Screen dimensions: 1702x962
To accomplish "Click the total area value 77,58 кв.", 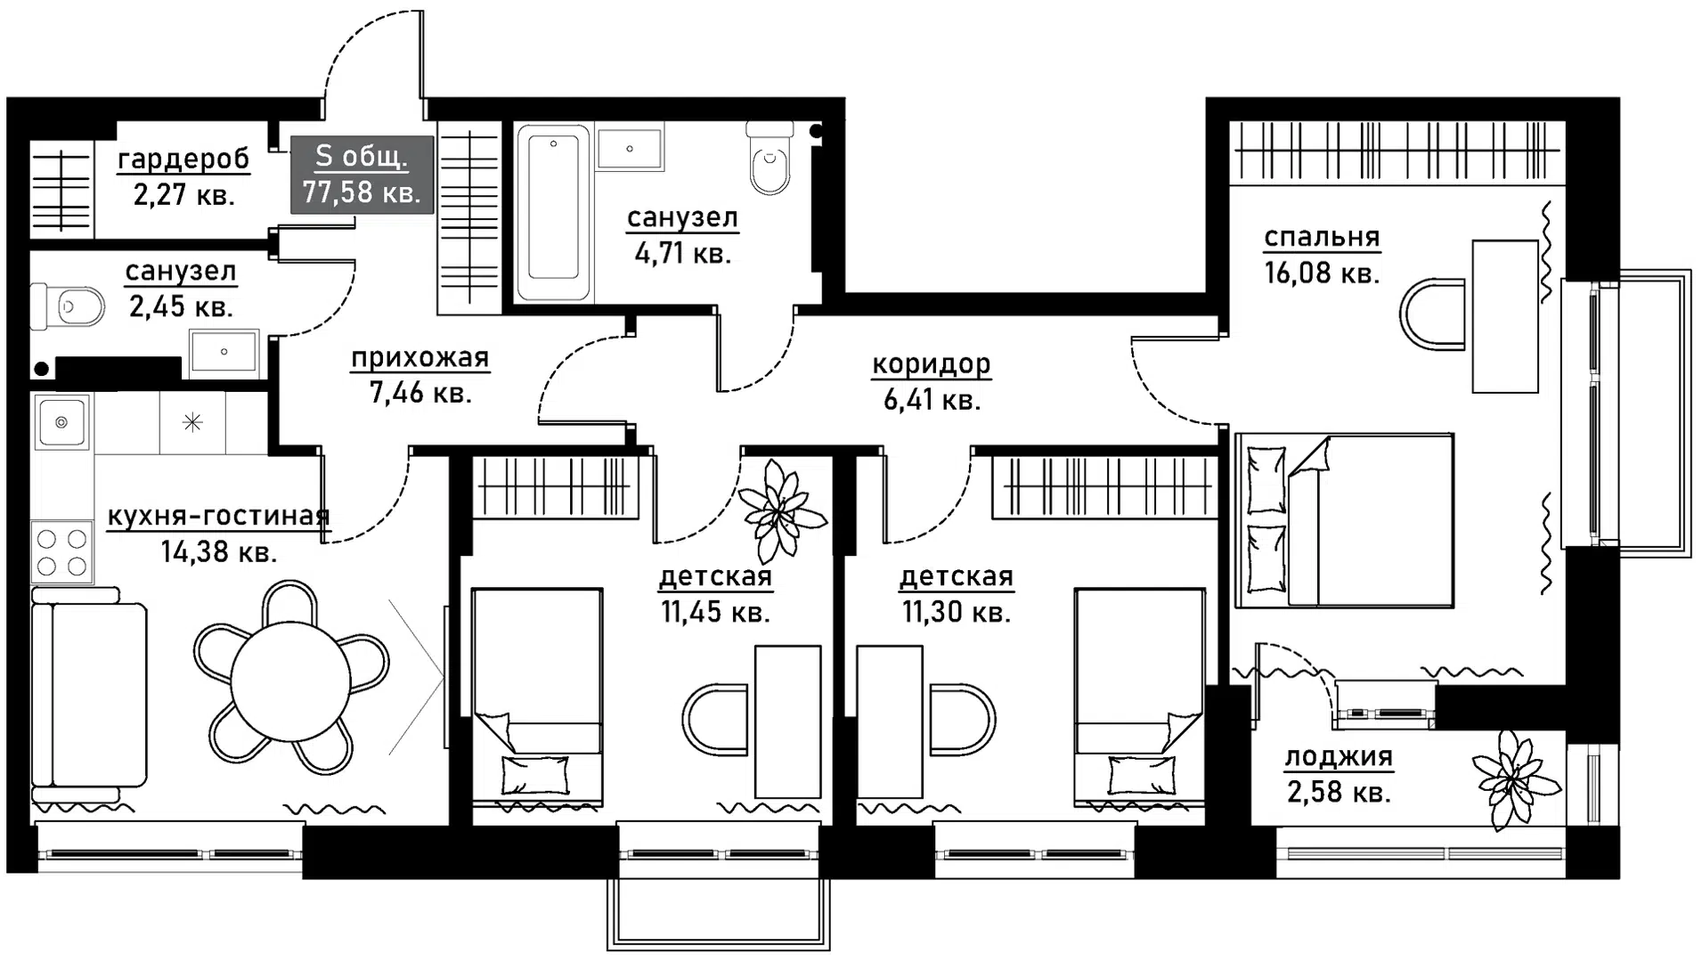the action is coord(361,192).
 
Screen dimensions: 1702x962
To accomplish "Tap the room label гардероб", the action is coord(183,159).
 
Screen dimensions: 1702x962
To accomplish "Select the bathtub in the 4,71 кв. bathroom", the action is coord(553,213).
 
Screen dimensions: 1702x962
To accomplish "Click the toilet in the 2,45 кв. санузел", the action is coord(69,307).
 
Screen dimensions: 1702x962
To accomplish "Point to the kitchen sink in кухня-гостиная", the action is coord(61,421).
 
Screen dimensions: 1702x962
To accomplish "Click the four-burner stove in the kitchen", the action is coord(62,552).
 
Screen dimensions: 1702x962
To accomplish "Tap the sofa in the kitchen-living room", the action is coord(87,695).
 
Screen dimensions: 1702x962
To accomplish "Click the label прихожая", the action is coord(419,358).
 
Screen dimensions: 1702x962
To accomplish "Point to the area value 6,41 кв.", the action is coord(932,400).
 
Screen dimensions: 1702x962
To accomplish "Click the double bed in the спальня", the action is coord(1345,521).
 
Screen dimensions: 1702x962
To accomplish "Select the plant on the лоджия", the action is coord(1514,779).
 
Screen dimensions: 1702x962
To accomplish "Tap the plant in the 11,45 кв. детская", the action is coord(780,510).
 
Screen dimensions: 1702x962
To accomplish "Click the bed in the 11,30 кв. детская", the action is coord(1140,697).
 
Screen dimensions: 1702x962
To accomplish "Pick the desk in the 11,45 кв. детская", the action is coord(787,721).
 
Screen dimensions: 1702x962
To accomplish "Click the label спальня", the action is coord(1322,238).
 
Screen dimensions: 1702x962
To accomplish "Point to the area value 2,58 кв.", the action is coord(1339,792).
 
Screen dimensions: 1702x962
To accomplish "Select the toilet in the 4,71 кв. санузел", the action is coord(770,159).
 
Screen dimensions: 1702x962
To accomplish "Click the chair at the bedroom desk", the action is coord(1432,314).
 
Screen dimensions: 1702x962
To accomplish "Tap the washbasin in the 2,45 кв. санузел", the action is coord(224,352).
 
